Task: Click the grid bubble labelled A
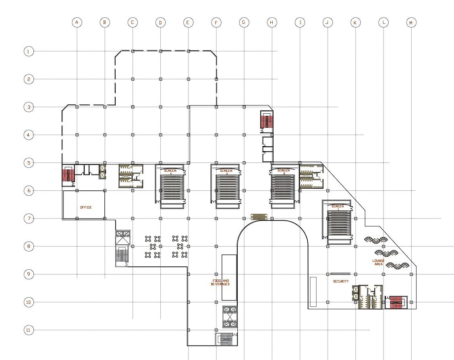point(77,23)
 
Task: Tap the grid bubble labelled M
point(411,23)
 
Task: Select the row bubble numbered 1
point(28,51)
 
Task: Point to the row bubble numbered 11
point(28,330)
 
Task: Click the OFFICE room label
point(86,208)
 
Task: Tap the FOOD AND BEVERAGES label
point(220,283)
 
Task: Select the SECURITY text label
point(341,281)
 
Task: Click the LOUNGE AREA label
point(378,262)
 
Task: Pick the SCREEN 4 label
point(170,172)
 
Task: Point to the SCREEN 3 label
point(226,172)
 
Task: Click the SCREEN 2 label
point(284,172)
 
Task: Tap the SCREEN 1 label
point(338,208)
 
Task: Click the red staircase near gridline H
point(266,121)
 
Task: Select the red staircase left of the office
point(66,175)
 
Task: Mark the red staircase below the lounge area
point(396,302)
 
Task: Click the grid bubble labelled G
point(243,23)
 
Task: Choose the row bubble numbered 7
point(28,218)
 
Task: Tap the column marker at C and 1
point(133,51)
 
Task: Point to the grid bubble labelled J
point(327,23)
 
